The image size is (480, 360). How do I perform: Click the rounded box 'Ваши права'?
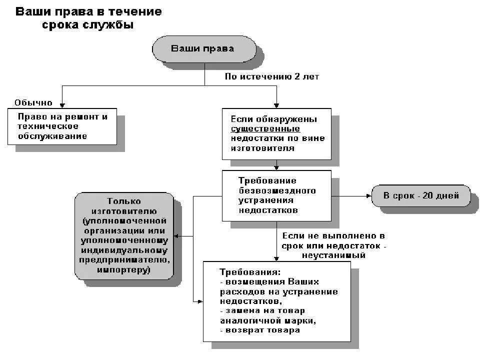click(204, 49)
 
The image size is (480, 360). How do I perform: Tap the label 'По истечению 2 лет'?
click(271, 76)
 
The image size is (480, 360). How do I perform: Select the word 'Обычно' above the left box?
click(33, 102)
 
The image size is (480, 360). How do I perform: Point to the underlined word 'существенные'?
click(265, 129)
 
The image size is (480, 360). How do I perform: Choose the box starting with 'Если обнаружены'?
click(276, 134)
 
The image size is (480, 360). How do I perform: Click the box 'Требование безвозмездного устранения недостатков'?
click(276, 195)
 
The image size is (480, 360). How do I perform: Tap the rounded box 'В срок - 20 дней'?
click(421, 195)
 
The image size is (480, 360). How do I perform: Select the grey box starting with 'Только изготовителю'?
click(124, 236)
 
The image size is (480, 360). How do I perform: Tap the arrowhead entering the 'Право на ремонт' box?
click(62, 105)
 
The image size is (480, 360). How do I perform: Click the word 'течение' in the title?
click(136, 11)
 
